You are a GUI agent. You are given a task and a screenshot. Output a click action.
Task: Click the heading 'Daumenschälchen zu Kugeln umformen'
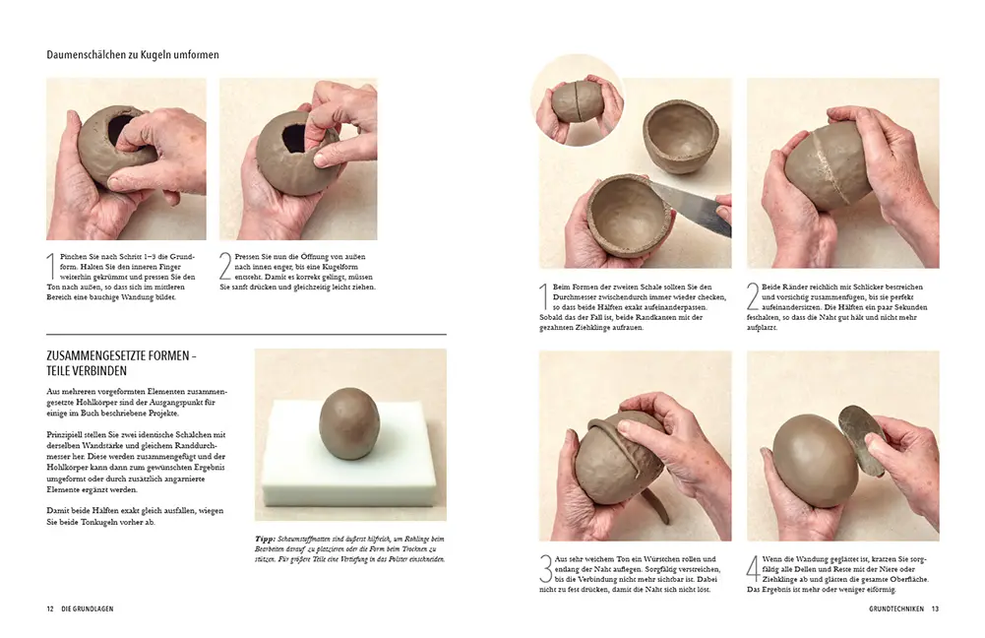[x=133, y=55]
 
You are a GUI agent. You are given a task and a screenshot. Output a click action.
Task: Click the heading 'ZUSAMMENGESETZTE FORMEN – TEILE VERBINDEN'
[x=122, y=363]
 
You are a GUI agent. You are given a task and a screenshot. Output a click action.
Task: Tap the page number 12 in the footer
[x=49, y=609]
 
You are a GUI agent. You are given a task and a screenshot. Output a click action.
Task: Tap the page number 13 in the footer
[x=935, y=609]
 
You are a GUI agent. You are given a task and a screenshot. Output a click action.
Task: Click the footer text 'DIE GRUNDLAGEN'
[x=88, y=609]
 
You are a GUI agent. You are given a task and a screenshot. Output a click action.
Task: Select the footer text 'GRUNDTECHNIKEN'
[x=896, y=609]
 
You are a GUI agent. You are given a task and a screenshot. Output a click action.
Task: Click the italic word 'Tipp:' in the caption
[x=265, y=539]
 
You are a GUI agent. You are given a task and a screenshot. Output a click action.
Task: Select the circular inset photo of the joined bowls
[x=577, y=104]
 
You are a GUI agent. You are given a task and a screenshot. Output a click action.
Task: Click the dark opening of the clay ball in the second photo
[x=294, y=139]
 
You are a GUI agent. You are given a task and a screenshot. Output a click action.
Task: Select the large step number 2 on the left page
[x=225, y=266]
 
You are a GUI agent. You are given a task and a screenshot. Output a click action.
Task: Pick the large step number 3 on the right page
[x=545, y=570]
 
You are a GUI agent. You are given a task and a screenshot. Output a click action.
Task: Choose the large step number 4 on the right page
[x=754, y=570]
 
